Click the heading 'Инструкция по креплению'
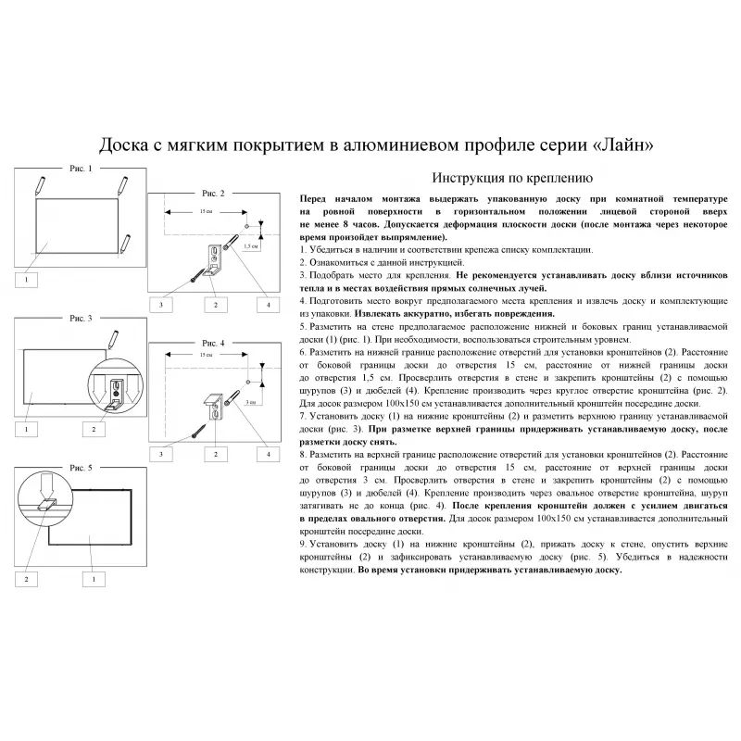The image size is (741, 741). point(506,178)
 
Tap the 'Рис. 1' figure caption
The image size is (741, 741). point(80,170)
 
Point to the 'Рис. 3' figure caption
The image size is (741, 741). point(81,318)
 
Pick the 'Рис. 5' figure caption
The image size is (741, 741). point(83,469)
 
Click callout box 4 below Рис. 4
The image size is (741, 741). point(269,454)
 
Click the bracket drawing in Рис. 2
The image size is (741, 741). point(217,260)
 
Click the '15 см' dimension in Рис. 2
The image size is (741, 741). point(203,213)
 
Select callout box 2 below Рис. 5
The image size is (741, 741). point(28,579)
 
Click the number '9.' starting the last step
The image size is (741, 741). point(305,544)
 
